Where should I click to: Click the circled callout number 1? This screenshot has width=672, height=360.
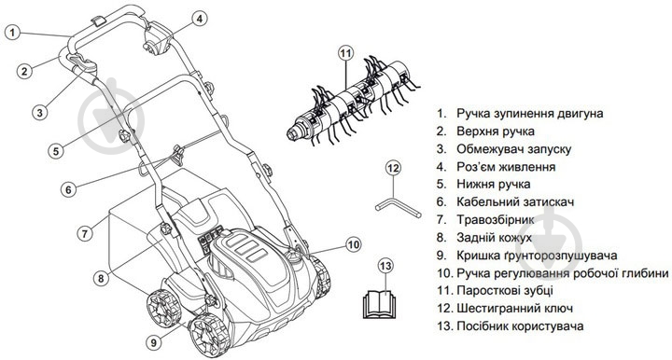12,31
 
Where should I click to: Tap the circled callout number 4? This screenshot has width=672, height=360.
199,18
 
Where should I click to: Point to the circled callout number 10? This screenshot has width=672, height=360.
353,244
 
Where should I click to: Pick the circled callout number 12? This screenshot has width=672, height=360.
393,168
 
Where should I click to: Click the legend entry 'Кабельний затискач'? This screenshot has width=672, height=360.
518,202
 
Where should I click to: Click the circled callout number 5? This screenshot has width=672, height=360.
55,150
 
